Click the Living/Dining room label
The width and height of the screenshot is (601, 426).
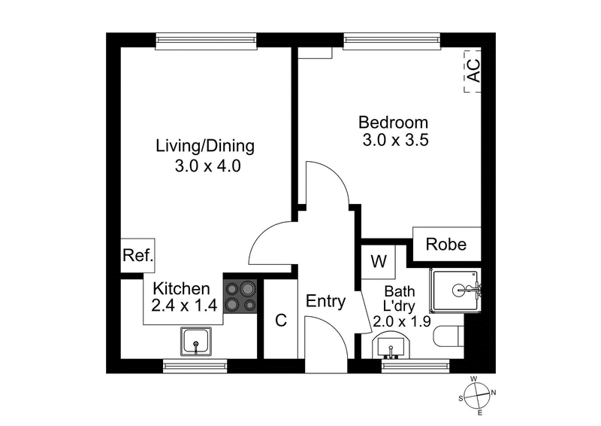click(x=205, y=145)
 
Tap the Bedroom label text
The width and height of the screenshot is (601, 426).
click(x=393, y=122)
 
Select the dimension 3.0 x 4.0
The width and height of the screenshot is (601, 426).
click(x=207, y=167)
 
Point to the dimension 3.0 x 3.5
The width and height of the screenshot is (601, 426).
click(x=394, y=141)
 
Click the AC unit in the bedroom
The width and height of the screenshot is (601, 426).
click(x=473, y=72)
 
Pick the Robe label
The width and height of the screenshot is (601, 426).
click(x=446, y=245)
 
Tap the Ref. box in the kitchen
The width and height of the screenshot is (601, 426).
click(x=137, y=256)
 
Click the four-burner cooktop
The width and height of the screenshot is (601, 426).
click(x=240, y=296)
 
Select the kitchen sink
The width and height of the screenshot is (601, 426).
click(x=196, y=342)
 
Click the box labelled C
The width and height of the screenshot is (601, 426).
click(x=281, y=319)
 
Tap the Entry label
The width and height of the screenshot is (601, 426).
click(x=325, y=302)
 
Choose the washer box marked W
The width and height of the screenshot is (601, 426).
click(x=379, y=262)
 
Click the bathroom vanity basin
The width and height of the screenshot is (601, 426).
click(x=390, y=347)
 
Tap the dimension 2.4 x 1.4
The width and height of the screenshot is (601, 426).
click(x=183, y=306)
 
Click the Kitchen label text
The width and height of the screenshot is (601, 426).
click(x=180, y=288)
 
